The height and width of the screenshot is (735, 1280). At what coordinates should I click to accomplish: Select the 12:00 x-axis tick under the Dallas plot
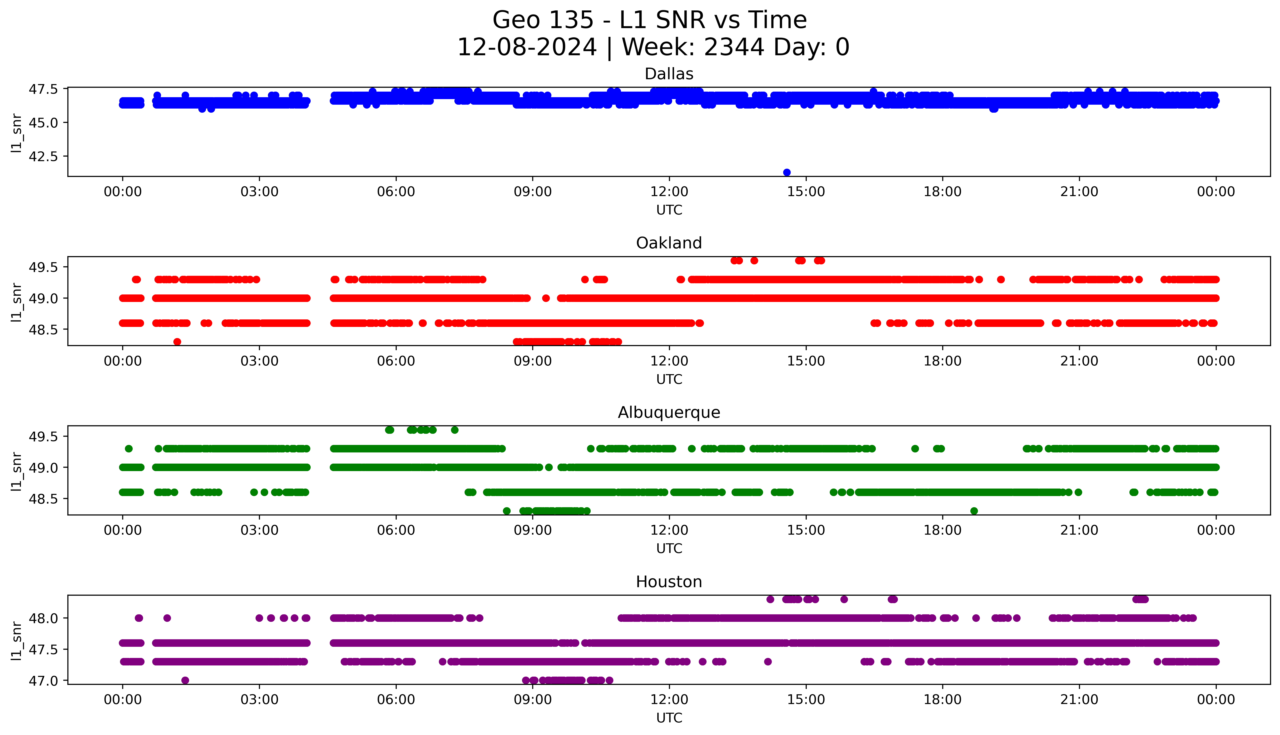(669, 192)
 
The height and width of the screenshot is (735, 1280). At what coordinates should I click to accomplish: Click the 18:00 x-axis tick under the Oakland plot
(942, 361)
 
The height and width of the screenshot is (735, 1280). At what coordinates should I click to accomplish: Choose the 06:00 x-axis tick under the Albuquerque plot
(396, 530)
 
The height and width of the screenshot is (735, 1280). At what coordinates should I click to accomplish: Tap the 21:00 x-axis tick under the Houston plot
(1079, 700)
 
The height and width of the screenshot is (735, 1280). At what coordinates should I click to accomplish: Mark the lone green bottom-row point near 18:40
(974, 511)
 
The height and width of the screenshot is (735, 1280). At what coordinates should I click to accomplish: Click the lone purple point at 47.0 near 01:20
(185, 680)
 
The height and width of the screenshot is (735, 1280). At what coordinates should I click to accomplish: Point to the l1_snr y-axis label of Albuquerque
(17, 471)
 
